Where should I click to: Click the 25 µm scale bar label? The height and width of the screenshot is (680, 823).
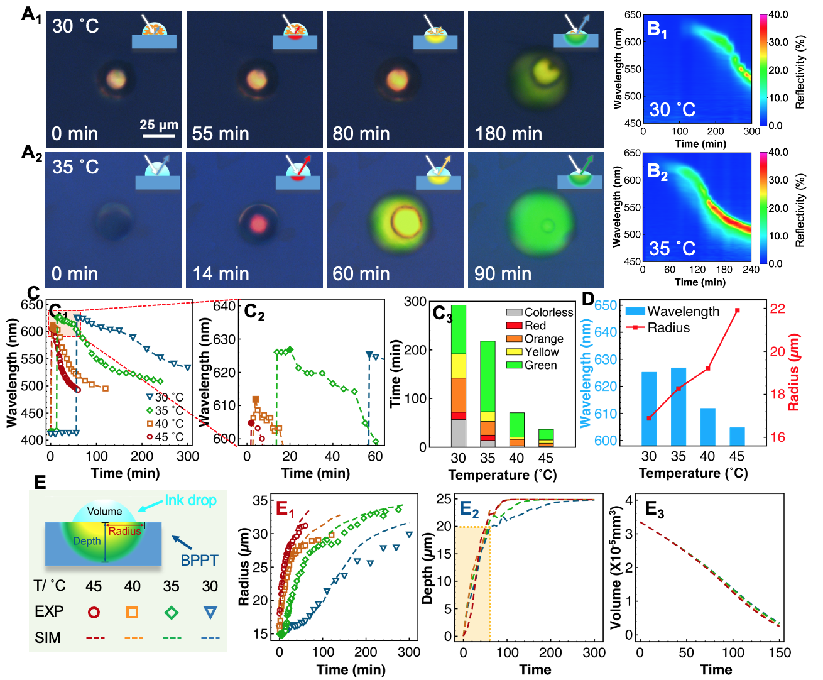pos(158,124)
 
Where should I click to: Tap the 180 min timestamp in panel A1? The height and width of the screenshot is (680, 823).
pos(508,134)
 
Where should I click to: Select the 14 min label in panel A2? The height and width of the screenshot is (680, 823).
pos(221,274)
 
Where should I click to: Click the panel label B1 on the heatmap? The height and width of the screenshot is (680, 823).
pos(657,30)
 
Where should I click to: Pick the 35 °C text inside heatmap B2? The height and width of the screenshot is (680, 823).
pos(672,248)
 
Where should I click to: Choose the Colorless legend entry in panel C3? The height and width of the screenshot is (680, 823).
pos(548,312)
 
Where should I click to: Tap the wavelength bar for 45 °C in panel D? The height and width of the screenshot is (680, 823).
pos(737,436)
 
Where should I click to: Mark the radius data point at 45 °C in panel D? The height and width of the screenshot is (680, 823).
pos(737,310)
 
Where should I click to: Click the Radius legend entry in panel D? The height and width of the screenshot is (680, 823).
pos(668,327)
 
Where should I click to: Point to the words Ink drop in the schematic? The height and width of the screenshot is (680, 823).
pos(190,500)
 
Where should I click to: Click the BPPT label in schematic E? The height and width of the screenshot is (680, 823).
pos(199,560)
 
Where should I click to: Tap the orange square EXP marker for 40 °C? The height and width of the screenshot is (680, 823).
pos(132,612)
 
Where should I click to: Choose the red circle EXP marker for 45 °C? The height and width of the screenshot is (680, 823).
pos(94,612)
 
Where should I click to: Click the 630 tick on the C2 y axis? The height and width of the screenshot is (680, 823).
pos(225,339)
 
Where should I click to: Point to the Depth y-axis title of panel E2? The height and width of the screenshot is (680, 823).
pos(428,568)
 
